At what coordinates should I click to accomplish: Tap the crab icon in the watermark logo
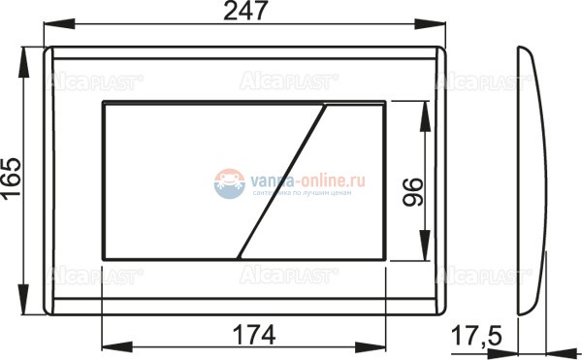pyautogui.click(x=228, y=181)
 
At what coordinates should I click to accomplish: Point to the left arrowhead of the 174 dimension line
pyautogui.click(x=108, y=349)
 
